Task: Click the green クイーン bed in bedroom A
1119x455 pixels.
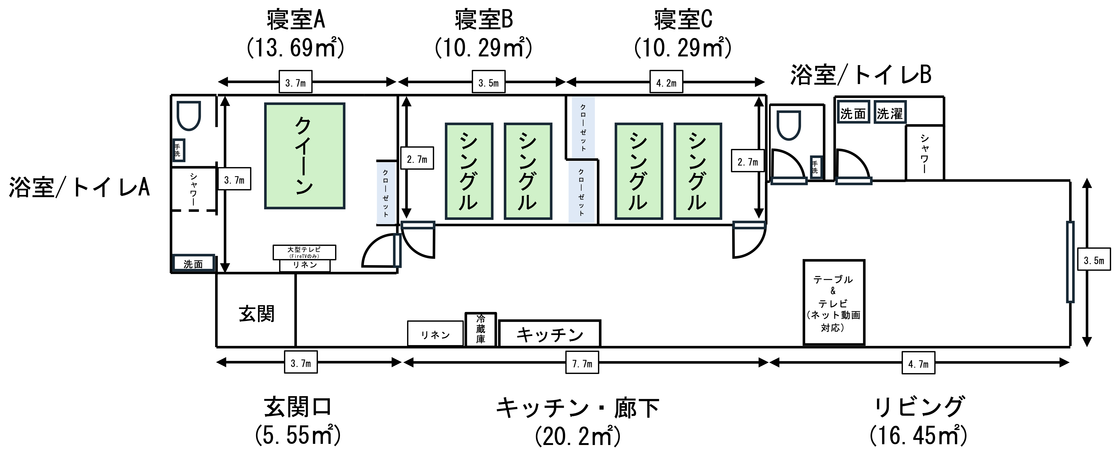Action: click(x=305, y=156)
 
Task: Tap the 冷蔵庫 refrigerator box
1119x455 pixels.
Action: click(x=480, y=329)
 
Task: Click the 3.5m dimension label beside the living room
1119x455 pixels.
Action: click(x=1094, y=261)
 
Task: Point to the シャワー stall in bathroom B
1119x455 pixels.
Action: click(x=924, y=153)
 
